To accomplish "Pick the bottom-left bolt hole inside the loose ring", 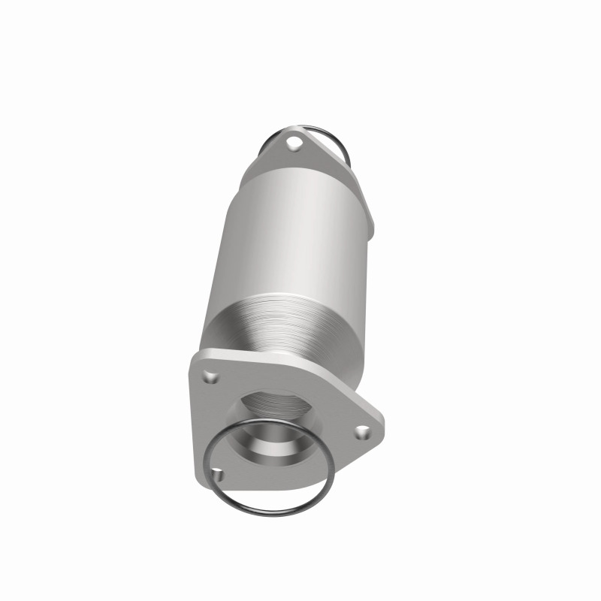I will (218, 475).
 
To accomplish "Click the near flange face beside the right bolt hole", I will (346, 424).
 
